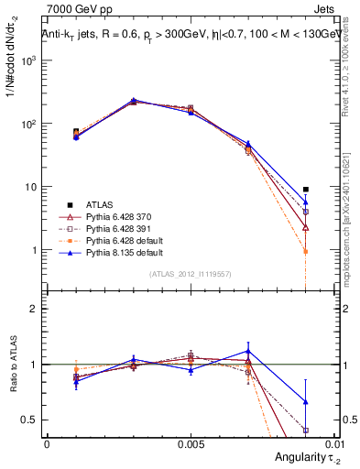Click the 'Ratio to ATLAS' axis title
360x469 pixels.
[x=12, y=366]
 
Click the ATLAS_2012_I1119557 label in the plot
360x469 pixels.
[x=190, y=274]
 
